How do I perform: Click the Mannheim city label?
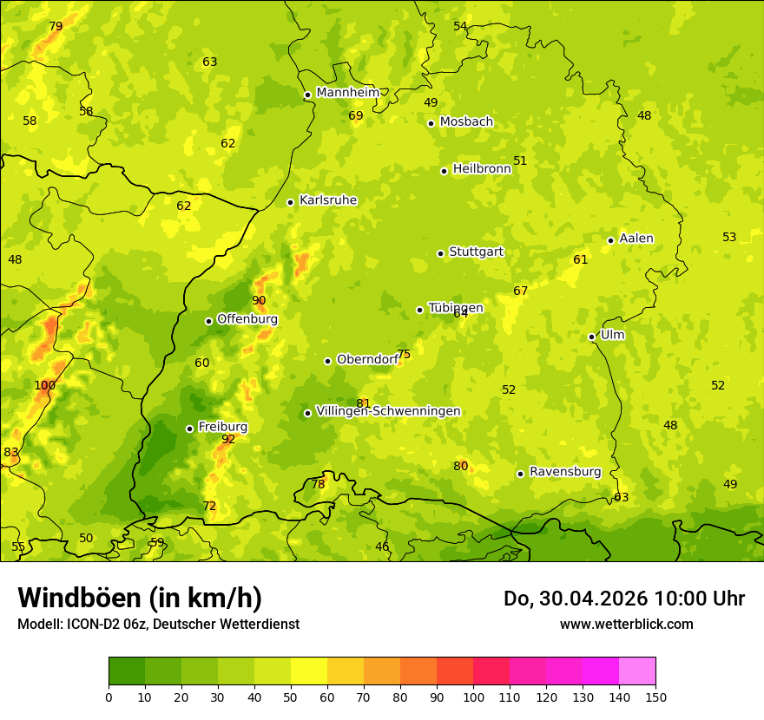point(348,93)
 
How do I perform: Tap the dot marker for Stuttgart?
point(440,253)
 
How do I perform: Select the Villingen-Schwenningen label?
point(388,411)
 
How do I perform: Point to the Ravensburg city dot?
point(520,474)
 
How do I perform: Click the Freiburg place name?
point(222,427)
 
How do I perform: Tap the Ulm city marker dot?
point(591,337)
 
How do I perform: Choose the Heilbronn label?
point(482,169)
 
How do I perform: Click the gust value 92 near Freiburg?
point(228,440)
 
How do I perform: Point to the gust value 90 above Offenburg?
point(259,301)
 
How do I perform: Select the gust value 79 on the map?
point(56,27)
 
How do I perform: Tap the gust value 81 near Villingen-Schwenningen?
point(363,403)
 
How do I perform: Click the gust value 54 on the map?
point(460,27)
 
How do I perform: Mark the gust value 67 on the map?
point(520,291)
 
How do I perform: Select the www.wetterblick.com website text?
point(626,624)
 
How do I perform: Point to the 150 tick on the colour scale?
point(655,697)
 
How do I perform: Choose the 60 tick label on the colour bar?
point(327,697)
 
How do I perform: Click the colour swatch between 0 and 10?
point(127,671)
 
